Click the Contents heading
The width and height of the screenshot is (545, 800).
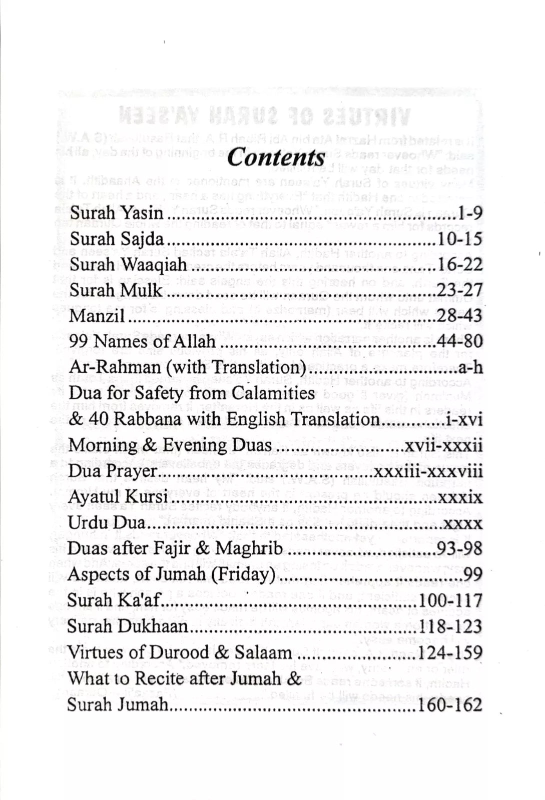coord(276,158)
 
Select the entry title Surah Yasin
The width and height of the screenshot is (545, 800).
coord(117,213)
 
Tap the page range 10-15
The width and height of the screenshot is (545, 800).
coord(460,239)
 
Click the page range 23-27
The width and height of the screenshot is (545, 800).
coord(459,290)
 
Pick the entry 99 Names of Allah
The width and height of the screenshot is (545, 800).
coord(143,342)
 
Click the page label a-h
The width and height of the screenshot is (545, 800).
coord(470,368)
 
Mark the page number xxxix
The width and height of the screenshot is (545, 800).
coord(460,497)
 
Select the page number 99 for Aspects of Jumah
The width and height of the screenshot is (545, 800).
coord(473,575)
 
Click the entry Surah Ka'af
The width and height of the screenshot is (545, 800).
coord(113,600)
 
